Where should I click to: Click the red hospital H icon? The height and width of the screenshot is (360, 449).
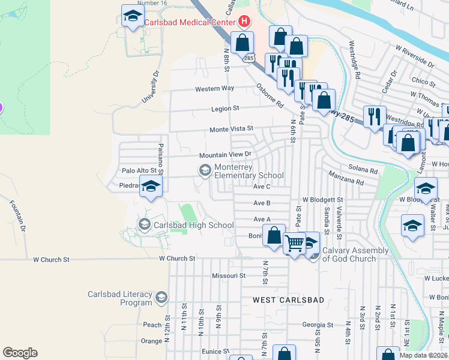[x=244, y=22]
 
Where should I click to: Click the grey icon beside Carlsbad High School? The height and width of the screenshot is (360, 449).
[x=144, y=225]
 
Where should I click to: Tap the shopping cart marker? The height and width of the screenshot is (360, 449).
[x=294, y=244]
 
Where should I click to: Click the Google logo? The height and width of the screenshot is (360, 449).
[x=20, y=352]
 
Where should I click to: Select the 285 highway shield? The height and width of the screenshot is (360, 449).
[x=249, y=58]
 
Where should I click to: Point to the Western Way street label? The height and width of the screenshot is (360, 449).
[x=214, y=89]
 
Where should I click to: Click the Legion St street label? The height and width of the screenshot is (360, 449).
[x=225, y=109]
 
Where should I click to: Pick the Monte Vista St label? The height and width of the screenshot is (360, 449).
[x=231, y=129]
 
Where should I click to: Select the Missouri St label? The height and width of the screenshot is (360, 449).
[x=229, y=275]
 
